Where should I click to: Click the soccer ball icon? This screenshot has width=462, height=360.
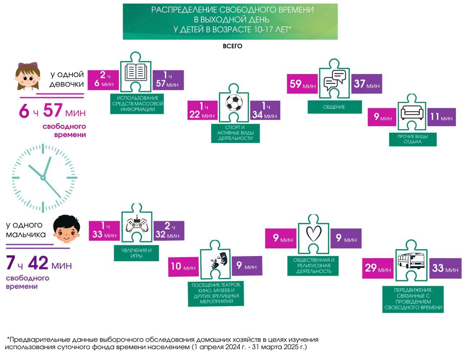coord(234,102)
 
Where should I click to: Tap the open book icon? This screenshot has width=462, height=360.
coord(136,73)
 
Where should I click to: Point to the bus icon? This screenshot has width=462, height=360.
coord(411,260)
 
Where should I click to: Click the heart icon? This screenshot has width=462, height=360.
coord(314,233)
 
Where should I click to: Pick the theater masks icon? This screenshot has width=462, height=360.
coord(219,260)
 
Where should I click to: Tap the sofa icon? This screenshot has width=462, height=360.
coord(412,113)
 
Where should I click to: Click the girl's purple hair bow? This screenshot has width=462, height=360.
coord(28,65)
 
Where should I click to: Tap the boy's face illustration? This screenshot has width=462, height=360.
coord(66,229)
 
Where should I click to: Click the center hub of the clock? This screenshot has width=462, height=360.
coord(43,178)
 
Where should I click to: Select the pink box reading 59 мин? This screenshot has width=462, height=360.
coord(302,84)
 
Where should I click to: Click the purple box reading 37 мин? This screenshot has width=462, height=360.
coord(367,84)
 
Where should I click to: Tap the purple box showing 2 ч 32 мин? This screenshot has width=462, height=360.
coord(169,231)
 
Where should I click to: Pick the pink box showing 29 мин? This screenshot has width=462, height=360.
coord(378,268)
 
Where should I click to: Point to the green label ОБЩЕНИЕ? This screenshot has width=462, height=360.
coord(335,107)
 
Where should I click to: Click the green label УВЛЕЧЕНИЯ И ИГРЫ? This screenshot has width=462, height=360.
coord(136,253)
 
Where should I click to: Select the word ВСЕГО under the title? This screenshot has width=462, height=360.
coord(232,46)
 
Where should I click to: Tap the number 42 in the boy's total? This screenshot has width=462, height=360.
coord(38,263)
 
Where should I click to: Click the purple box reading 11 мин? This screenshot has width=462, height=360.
coord(441,117)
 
